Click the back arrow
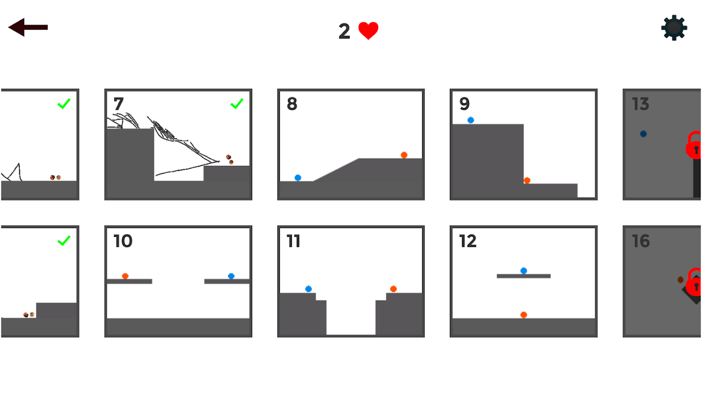click(28, 27)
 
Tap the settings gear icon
click(674, 28)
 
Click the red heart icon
click(368, 31)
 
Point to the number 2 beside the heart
click(344, 31)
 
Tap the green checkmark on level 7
click(237, 104)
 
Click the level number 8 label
click(292, 104)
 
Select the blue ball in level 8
click(298, 178)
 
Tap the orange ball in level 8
click(404, 155)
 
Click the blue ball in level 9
click(470, 120)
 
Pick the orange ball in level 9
click(527, 181)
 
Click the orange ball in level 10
click(125, 276)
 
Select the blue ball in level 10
click(231, 276)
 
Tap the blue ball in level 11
click(309, 289)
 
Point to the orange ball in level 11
click(393, 289)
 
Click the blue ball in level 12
click(524, 271)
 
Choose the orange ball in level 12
click(524, 315)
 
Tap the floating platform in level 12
click(524, 276)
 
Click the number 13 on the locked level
click(640, 104)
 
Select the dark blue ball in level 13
click(643, 134)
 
